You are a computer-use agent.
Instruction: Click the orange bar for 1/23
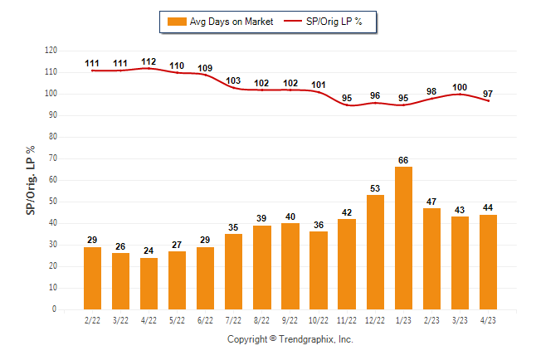tap(403, 238)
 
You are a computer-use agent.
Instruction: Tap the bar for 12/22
tap(375, 252)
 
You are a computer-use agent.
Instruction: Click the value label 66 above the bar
tap(403, 160)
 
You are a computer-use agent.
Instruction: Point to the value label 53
tap(375, 188)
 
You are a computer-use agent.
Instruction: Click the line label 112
tap(149, 61)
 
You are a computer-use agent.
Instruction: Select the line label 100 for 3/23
tap(460, 87)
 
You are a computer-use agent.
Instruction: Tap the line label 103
tap(234, 80)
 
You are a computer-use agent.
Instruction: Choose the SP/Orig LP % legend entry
tap(324, 22)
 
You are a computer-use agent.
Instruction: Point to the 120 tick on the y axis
tap(51, 51)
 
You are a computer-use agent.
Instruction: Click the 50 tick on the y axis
tap(52, 202)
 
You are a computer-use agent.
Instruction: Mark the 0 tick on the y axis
tap(55, 309)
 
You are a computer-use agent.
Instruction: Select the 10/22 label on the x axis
tap(319, 320)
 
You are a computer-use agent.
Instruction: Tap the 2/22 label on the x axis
tap(92, 320)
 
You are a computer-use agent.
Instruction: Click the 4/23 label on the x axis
tap(489, 320)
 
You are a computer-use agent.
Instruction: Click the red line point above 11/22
tap(347, 105)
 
